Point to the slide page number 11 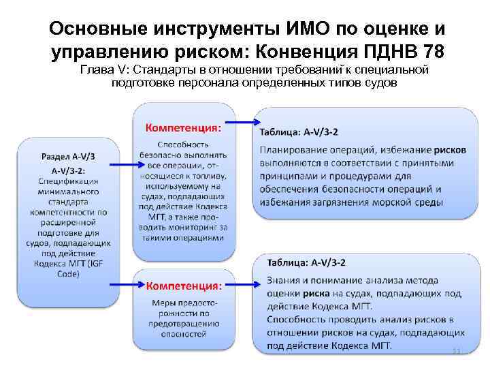click(456, 351)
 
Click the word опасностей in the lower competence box click(184, 334)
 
